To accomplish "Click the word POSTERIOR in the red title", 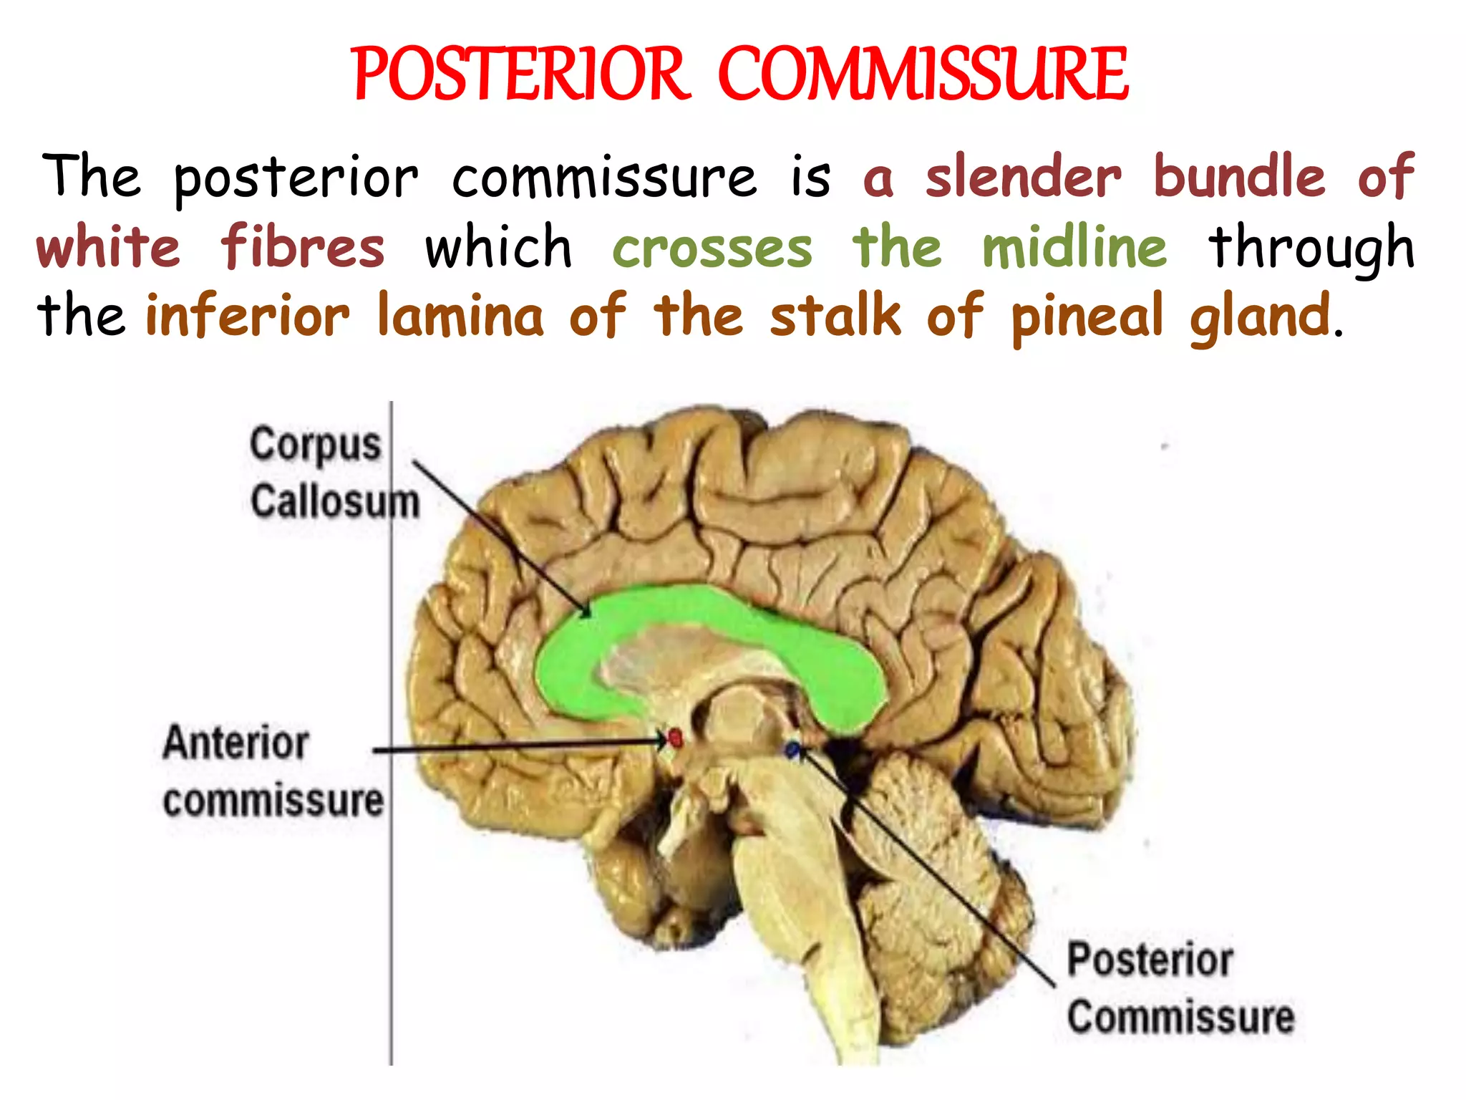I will pyautogui.click(x=520, y=74).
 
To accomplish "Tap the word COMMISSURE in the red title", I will pyautogui.click(x=923, y=74).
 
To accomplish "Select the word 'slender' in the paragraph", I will pyautogui.click(x=1023, y=177).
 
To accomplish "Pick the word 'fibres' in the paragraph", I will pyautogui.click(x=302, y=247).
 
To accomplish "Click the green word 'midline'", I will pyautogui.click(x=1074, y=246).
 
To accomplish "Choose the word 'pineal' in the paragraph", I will pyautogui.click(x=1087, y=317).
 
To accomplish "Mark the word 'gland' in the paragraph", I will pyautogui.click(x=1260, y=318).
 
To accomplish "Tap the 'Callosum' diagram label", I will pyautogui.click(x=334, y=501).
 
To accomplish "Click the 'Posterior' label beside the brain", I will pyautogui.click(x=1150, y=960).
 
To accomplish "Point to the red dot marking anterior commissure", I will pyautogui.click(x=674, y=738).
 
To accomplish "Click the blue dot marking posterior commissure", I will pyautogui.click(x=792, y=750).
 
